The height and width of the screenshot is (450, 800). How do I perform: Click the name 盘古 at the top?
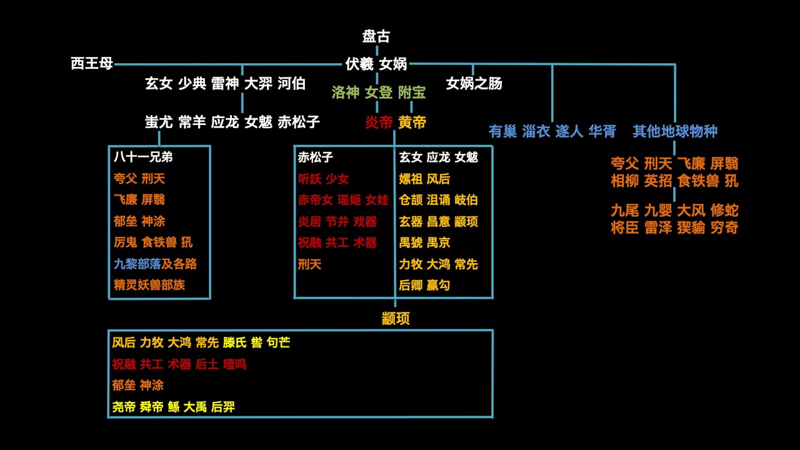(x=376, y=36)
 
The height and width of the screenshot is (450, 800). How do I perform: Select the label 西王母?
(x=92, y=63)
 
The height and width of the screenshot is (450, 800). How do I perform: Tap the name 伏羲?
(x=359, y=63)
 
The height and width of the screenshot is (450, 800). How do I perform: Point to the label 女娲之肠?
(x=474, y=83)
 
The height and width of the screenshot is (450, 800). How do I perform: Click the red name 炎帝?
(x=378, y=122)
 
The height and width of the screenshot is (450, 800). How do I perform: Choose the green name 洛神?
(x=345, y=92)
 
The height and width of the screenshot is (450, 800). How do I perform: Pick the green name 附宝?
(x=411, y=92)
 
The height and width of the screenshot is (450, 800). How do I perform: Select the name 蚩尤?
(x=159, y=122)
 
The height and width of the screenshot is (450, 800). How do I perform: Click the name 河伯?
(x=291, y=83)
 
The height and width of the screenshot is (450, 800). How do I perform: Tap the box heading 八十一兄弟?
(x=143, y=157)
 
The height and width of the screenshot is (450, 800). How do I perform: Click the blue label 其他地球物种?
(x=674, y=131)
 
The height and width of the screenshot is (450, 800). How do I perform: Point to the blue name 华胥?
(x=602, y=131)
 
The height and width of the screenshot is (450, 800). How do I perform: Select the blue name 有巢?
(x=502, y=131)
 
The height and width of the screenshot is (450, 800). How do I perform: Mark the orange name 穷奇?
(x=724, y=227)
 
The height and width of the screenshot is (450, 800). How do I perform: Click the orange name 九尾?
(x=624, y=211)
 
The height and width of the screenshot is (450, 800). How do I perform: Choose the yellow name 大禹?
(x=194, y=407)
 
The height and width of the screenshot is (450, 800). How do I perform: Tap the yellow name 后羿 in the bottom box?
(x=222, y=407)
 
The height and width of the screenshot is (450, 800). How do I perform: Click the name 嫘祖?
(x=411, y=179)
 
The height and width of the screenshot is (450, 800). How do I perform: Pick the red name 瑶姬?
(x=349, y=200)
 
